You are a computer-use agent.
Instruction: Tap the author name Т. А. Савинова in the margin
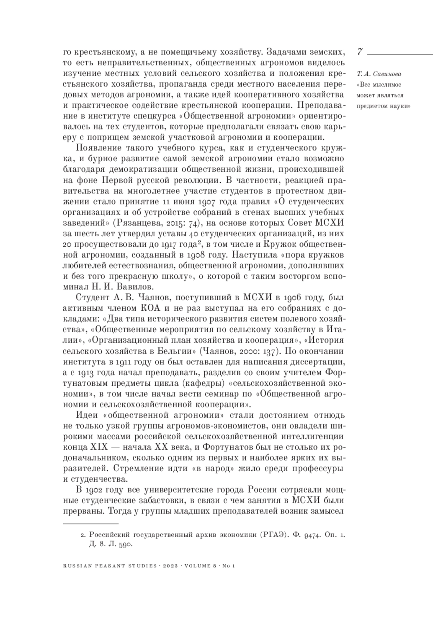click(x=379, y=74)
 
